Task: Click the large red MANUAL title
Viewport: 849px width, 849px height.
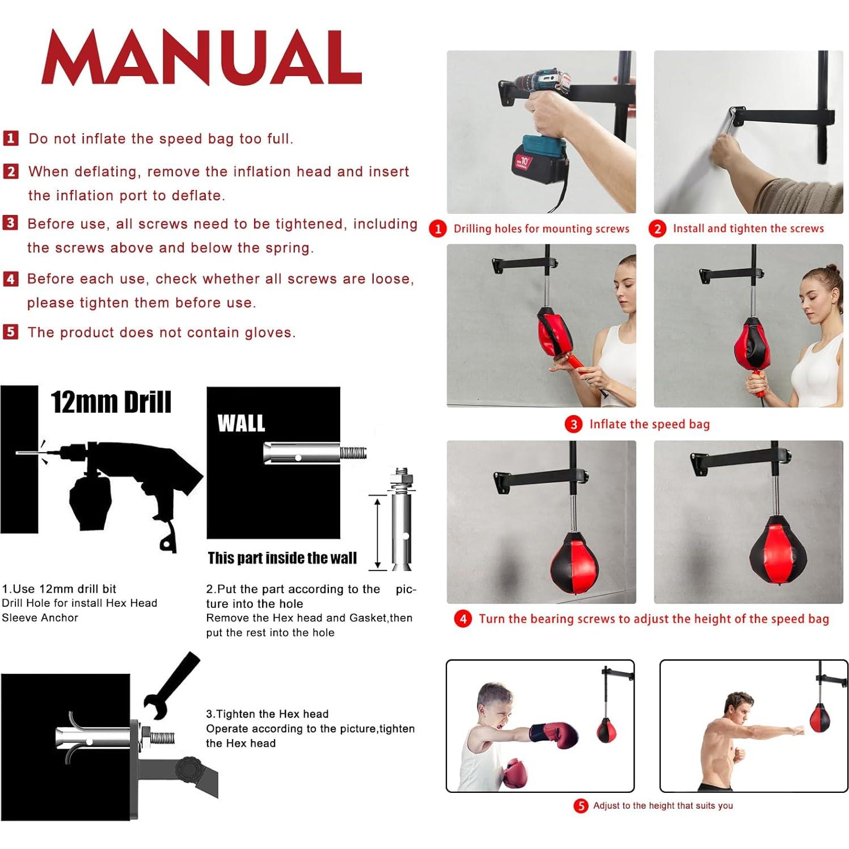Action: [x=201, y=58]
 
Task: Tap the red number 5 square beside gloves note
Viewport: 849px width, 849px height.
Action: [x=10, y=332]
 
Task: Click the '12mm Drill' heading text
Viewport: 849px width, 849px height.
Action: [x=111, y=402]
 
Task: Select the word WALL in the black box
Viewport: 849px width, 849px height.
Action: [x=241, y=423]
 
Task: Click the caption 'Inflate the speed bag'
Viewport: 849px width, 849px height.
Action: [x=649, y=424]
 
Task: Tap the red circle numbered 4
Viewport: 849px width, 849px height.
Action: [x=463, y=619]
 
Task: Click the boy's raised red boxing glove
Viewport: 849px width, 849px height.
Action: [x=557, y=735]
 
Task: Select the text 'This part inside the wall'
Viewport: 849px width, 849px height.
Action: [x=282, y=558]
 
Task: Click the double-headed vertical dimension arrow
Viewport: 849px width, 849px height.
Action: [x=377, y=532]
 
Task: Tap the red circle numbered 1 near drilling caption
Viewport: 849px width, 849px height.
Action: [x=437, y=229]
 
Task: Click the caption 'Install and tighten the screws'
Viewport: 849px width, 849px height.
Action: [x=748, y=229]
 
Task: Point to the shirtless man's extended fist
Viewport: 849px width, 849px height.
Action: [x=799, y=730]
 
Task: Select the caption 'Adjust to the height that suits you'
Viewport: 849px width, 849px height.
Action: [x=662, y=805]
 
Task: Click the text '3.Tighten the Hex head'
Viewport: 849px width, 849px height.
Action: [x=267, y=714]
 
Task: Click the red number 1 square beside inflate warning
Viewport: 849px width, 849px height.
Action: [x=11, y=138]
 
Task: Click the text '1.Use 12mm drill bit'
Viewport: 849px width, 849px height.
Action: [x=59, y=589]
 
